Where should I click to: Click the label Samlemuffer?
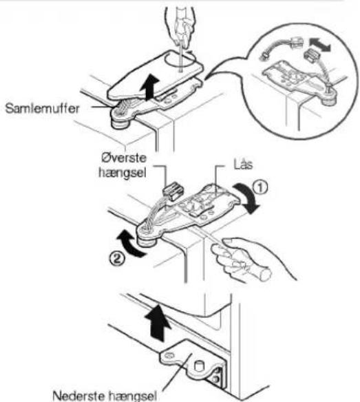coord(42,109)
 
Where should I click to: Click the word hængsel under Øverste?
coord(123,173)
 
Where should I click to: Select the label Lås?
coord(243,165)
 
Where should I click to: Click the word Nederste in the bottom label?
coord(79,396)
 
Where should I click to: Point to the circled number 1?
coord(260,187)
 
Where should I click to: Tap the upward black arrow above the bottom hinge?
coord(157,323)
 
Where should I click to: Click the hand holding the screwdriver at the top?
coord(180,25)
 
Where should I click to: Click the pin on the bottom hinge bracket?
coord(198,366)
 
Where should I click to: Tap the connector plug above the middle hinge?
coord(173,191)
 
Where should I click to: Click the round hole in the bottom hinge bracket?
coord(169,355)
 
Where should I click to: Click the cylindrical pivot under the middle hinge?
coord(146,243)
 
